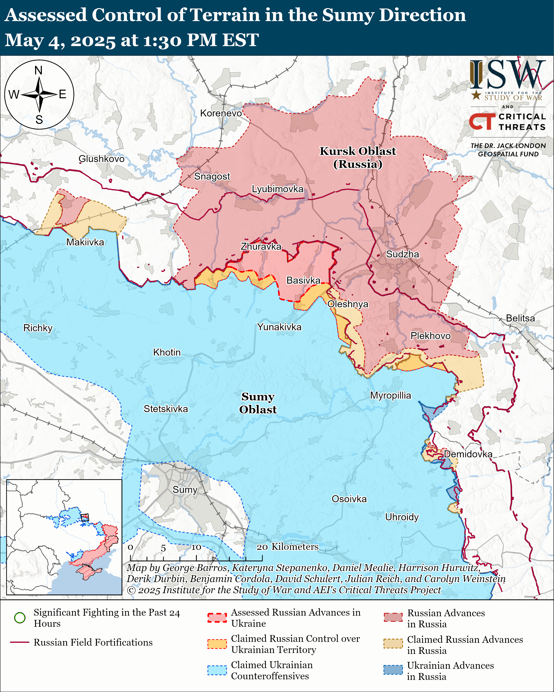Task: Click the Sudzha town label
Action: coord(402,254)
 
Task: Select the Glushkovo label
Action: coord(101,159)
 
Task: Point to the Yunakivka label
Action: coord(279,327)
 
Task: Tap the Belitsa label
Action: coord(520,318)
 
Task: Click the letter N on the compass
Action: coord(38,70)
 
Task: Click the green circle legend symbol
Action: coord(20,618)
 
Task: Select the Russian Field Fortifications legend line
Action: coord(20,642)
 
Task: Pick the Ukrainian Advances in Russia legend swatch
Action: coord(393,670)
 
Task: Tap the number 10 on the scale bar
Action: coord(196,547)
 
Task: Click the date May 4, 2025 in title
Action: coord(60,40)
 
